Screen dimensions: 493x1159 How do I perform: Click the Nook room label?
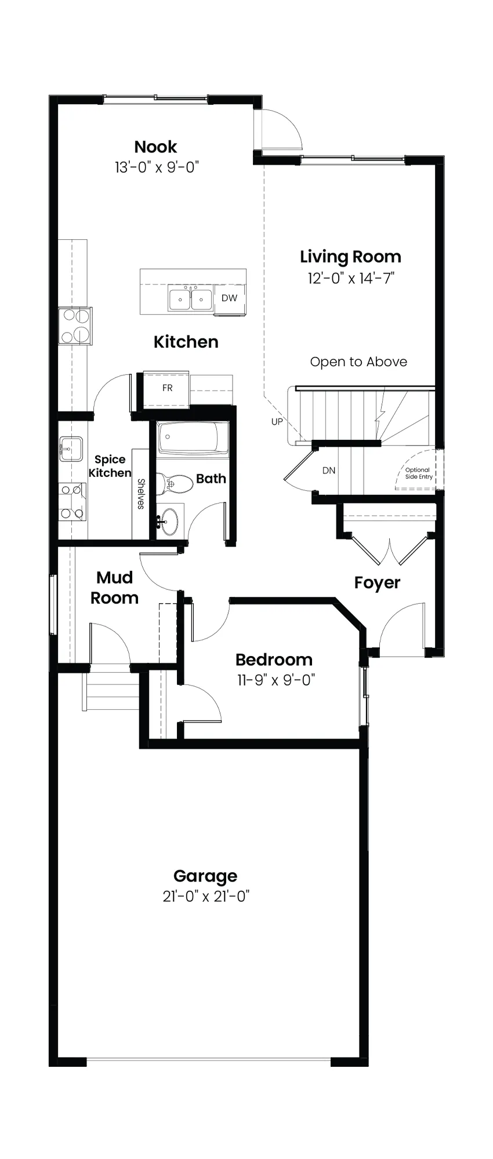155,147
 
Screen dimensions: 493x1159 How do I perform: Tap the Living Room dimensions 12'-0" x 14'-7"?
351,278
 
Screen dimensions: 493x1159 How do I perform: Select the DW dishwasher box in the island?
229,298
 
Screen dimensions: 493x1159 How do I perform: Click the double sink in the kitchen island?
191,299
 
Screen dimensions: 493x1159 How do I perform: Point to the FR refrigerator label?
167,388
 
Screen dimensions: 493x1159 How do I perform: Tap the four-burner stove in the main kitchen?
75,326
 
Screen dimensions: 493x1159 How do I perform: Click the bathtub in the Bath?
193,438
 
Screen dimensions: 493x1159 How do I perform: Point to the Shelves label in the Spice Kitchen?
141,494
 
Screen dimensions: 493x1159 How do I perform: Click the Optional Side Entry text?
419,473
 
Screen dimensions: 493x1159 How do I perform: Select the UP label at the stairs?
277,422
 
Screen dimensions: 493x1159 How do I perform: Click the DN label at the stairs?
329,471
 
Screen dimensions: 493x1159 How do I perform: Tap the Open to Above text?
358,362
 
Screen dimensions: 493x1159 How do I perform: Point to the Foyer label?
377,583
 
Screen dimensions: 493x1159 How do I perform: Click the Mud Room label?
114,588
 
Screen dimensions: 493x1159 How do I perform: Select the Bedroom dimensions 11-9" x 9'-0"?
275,680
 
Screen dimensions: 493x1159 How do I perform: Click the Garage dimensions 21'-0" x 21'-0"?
206,896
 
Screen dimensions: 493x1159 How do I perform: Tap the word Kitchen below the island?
186,342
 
